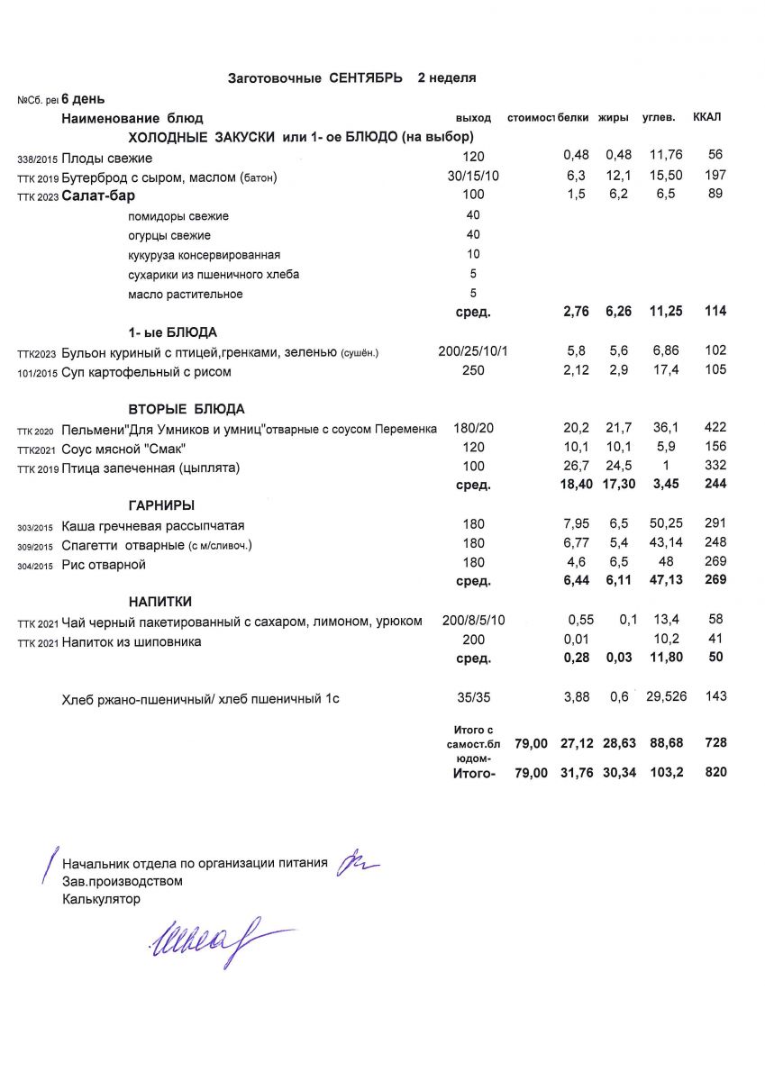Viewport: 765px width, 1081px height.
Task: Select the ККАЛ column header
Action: pos(706,117)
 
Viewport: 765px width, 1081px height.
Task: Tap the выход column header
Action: pos(474,118)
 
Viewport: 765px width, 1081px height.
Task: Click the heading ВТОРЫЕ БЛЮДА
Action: pos(187,408)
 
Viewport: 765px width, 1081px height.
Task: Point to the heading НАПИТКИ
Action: pos(159,601)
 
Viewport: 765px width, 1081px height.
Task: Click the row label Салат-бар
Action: pos(98,195)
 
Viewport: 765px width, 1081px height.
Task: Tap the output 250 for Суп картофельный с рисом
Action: pos(473,371)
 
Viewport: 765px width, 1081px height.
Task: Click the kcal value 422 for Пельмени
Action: pos(715,427)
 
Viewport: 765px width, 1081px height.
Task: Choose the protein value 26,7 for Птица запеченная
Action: pos(576,467)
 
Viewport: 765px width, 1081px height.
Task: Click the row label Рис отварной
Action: pos(104,565)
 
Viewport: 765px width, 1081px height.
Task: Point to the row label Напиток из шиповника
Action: pos(132,641)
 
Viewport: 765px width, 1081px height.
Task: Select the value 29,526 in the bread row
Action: pos(664,696)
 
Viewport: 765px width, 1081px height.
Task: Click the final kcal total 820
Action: pos(716,772)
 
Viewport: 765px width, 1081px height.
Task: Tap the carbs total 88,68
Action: pos(665,743)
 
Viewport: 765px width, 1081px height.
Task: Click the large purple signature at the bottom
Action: pos(215,940)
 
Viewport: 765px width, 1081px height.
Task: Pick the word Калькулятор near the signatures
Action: pos(102,898)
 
